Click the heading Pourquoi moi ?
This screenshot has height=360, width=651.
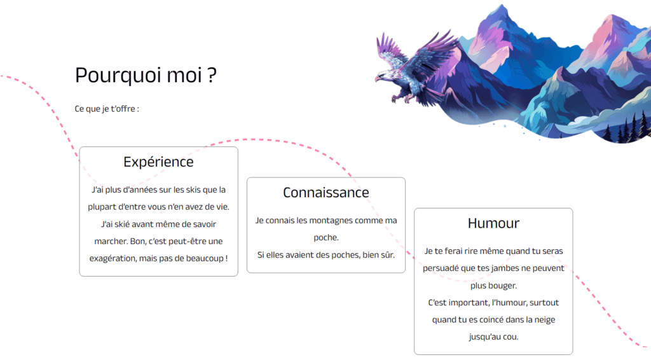pos(146,75)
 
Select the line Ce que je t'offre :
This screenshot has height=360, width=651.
pos(107,109)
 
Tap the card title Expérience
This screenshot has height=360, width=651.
pos(158,162)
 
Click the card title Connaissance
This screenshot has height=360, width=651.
pos(325,192)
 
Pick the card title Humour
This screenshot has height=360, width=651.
pos(493,223)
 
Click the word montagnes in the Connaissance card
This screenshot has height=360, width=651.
pos(333,220)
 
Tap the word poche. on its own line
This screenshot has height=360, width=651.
pos(325,238)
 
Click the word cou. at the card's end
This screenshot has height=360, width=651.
pos(511,337)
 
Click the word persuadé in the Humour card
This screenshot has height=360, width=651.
pos(444,268)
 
